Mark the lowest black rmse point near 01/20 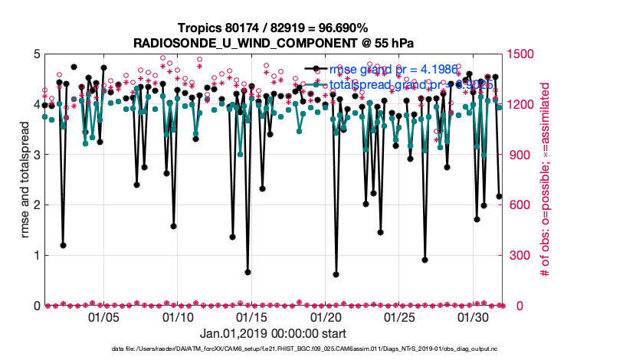click(336, 274)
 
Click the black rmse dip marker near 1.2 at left click(63, 245)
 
